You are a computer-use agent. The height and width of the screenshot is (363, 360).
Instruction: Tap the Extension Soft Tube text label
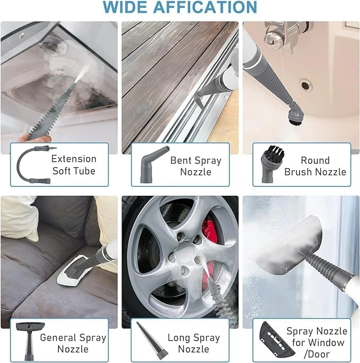click(x=74, y=165)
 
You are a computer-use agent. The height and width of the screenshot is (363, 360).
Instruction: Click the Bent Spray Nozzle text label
click(x=196, y=166)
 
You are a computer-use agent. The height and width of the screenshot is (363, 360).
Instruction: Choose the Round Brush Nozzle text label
click(x=315, y=166)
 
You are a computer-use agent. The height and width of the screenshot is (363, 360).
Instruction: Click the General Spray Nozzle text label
click(x=73, y=343)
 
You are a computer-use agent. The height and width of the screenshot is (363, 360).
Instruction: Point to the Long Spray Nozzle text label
click(x=194, y=343)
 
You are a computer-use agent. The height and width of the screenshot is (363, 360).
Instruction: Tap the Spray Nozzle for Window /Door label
click(x=317, y=342)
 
